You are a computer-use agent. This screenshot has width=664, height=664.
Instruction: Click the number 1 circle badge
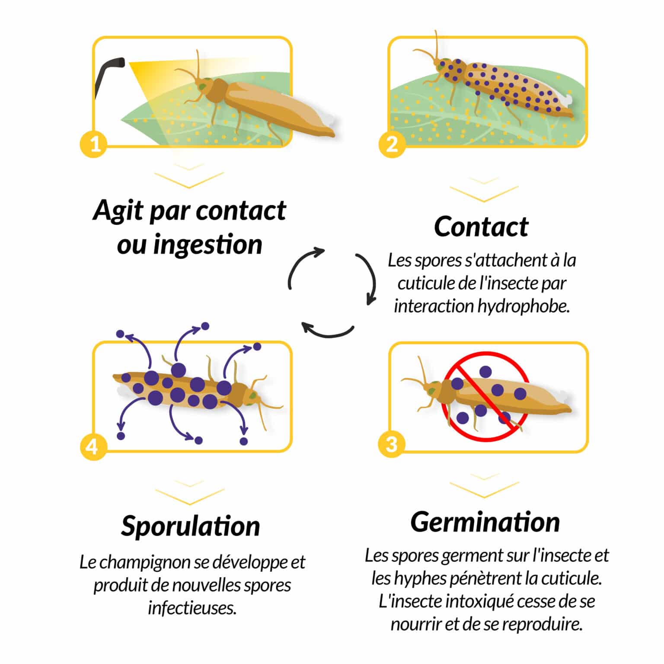pyautogui.click(x=94, y=144)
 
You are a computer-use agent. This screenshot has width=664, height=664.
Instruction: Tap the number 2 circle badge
pyautogui.click(x=392, y=144)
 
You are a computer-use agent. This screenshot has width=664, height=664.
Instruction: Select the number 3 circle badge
pyautogui.click(x=391, y=444)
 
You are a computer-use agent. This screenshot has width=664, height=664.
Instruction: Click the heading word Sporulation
pyautogui.click(x=190, y=526)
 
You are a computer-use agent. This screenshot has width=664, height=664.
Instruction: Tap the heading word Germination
pyautogui.click(x=485, y=522)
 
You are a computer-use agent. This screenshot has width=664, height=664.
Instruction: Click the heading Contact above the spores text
pyautogui.click(x=481, y=227)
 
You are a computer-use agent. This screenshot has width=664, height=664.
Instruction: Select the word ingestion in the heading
pyautogui.click(x=208, y=244)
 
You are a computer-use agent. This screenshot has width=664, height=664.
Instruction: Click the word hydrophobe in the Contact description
pyautogui.click(x=524, y=306)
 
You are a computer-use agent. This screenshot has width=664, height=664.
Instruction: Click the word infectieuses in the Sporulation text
pyautogui.click(x=192, y=608)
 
